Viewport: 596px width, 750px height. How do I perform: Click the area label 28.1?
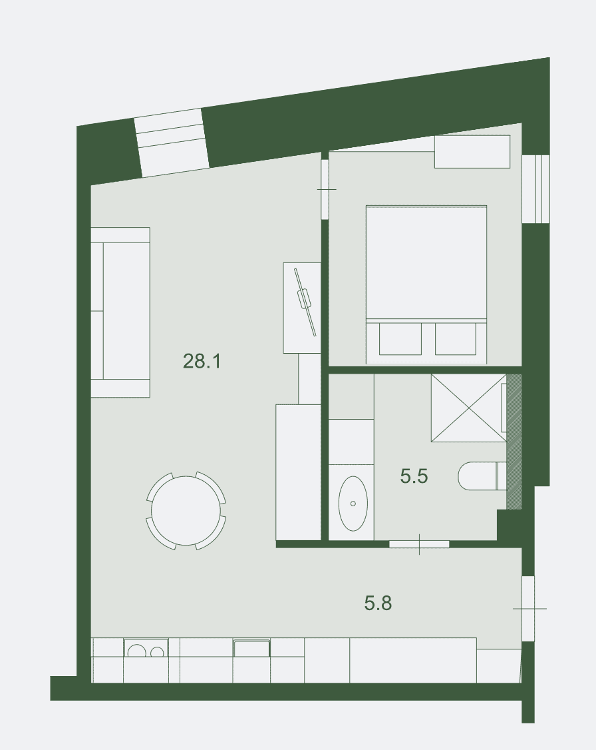tap(202, 361)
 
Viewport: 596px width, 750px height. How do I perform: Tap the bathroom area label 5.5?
tap(414, 476)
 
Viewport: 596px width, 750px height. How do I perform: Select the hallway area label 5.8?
tap(378, 603)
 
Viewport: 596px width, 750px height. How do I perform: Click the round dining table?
tap(186, 511)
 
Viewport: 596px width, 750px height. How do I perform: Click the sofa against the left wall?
tap(120, 312)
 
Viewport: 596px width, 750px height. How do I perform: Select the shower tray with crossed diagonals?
tap(468, 408)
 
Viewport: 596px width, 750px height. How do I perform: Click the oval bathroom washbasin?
tap(353, 503)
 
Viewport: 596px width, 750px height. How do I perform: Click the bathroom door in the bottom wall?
tap(419, 544)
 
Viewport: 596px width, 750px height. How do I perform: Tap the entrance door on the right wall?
tap(527, 608)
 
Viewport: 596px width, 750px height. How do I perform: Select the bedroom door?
tap(325, 189)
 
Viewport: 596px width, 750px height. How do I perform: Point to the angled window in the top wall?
tap(172, 143)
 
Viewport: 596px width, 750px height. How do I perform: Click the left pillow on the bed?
tap(400, 339)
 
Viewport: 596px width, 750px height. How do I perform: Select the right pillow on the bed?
tap(456, 339)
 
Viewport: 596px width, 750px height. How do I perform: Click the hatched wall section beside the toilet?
tap(514, 442)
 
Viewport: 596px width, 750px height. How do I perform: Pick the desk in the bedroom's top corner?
tap(472, 152)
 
